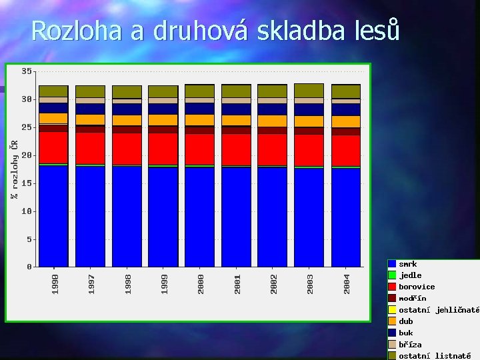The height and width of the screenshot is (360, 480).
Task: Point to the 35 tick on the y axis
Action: pyautogui.click(x=26, y=71)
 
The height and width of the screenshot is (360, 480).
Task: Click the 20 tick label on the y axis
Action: pyautogui.click(x=26, y=155)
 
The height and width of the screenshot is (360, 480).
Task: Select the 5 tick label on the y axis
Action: pyautogui.click(x=29, y=239)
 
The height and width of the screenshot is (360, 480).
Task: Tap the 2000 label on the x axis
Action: pyautogui.click(x=201, y=282)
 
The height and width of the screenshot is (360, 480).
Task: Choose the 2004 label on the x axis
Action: pyautogui.click(x=347, y=282)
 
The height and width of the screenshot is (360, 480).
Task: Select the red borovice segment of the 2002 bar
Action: pyautogui.click(x=272, y=149)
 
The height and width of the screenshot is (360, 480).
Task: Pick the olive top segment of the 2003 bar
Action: pyautogui.click(x=309, y=91)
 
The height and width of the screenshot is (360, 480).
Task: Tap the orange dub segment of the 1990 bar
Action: pyautogui.click(x=53, y=118)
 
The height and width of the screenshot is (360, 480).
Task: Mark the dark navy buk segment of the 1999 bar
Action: pyautogui.click(x=163, y=109)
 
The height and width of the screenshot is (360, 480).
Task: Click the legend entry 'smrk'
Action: pyautogui.click(x=408, y=264)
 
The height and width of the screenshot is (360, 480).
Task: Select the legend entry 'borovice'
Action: pyautogui.click(x=417, y=287)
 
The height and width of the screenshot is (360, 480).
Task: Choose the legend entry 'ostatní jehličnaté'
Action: pyautogui.click(x=439, y=310)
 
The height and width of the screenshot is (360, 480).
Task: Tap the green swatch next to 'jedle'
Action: pyautogui.click(x=393, y=275)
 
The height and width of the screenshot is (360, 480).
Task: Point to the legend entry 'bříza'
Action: pyautogui.click(x=410, y=345)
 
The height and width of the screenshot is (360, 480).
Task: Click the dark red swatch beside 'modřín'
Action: pyautogui.click(x=393, y=298)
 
